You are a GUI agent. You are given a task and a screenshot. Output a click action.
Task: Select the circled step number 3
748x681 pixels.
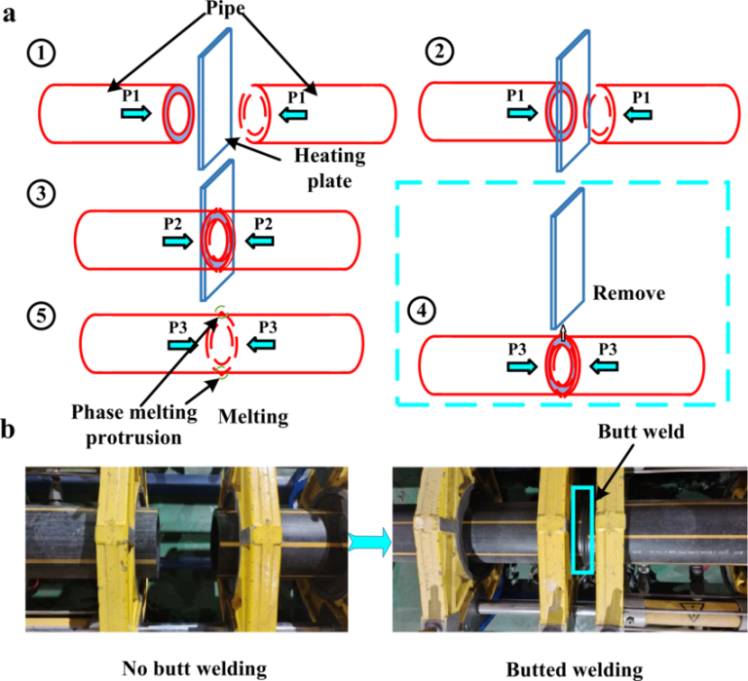[40, 194]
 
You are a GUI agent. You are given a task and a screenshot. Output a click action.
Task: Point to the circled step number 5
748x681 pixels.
[40, 316]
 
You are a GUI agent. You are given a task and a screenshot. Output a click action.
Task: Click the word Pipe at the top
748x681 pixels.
[231, 13]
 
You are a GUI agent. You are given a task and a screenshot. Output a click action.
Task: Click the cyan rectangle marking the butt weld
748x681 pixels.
[583, 529]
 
